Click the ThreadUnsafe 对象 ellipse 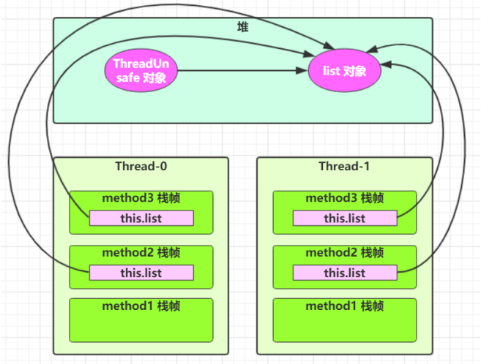pyautogui.click(x=141, y=70)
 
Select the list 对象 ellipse pyautogui.click(x=345, y=70)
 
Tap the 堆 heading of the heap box pyautogui.click(x=242, y=27)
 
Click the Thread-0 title pyautogui.click(x=141, y=166)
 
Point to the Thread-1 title pyautogui.click(x=344, y=166)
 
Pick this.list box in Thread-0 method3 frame pyautogui.click(x=141, y=218)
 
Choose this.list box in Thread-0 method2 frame pyautogui.click(x=141, y=273)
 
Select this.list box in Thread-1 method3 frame pyautogui.click(x=345, y=218)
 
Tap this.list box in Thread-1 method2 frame pyautogui.click(x=345, y=273)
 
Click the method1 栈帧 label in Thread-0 pyautogui.click(x=141, y=306)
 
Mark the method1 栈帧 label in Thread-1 pyautogui.click(x=345, y=306)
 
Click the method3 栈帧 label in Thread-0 pyautogui.click(x=141, y=198)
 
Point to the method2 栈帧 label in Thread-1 pyautogui.click(x=345, y=253)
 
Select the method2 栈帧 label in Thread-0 pyautogui.click(x=141, y=253)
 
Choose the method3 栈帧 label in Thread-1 pyautogui.click(x=345, y=198)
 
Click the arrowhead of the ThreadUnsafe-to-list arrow pyautogui.click(x=302, y=71)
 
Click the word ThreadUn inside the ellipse pyautogui.click(x=141, y=64)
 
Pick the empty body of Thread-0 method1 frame pyautogui.click(x=141, y=326)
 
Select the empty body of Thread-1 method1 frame pyautogui.click(x=345, y=326)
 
